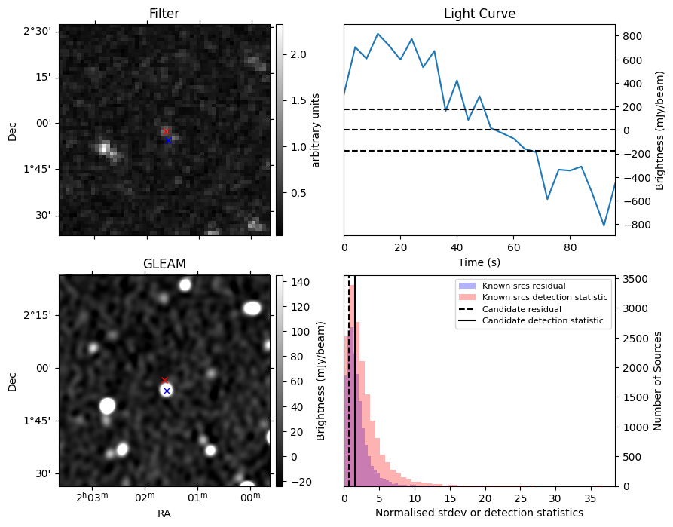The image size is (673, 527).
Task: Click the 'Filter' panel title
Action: (164, 14)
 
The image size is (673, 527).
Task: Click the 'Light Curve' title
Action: (479, 14)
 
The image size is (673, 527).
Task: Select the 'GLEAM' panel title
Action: (164, 264)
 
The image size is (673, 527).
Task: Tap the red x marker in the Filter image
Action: (166, 132)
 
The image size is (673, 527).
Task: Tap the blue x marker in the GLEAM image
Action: (167, 391)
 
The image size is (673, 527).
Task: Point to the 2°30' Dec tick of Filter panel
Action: (37, 31)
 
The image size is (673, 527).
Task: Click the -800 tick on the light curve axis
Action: (633, 225)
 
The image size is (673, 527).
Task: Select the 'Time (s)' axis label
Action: (479, 262)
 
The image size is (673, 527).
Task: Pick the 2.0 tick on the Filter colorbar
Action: (298, 54)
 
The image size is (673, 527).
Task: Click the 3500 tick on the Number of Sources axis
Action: (633, 279)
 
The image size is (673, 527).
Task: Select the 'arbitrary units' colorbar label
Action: (316, 130)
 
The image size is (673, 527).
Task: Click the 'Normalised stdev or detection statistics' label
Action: (479, 513)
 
